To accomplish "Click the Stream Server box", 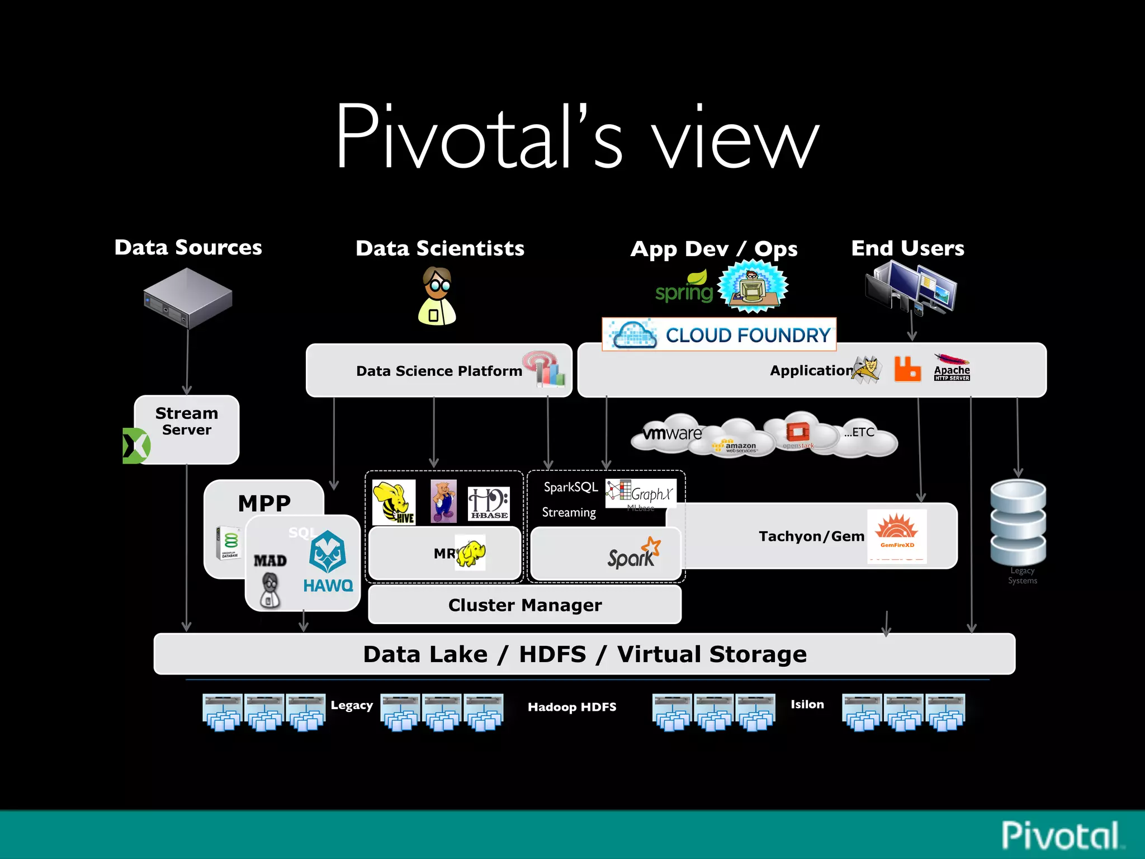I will point(187,429).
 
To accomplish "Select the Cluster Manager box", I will point(524,605).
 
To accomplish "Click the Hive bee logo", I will point(394,502).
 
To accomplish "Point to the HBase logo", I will point(489,503).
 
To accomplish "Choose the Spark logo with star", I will point(634,554).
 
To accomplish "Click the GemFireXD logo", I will point(897,535).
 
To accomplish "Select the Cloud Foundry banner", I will point(719,334).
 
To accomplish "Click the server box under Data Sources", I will point(188,298).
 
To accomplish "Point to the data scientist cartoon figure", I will point(437,296).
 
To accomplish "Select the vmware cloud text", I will point(671,433).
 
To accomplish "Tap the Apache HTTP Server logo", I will point(952,369).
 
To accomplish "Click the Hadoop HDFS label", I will point(572,707).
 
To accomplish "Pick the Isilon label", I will point(807,705).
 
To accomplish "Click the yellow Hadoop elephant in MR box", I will point(470,553).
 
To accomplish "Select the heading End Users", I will point(907,248).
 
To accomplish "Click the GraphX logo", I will point(641,493).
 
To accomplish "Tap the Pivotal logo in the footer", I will point(1061,836).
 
